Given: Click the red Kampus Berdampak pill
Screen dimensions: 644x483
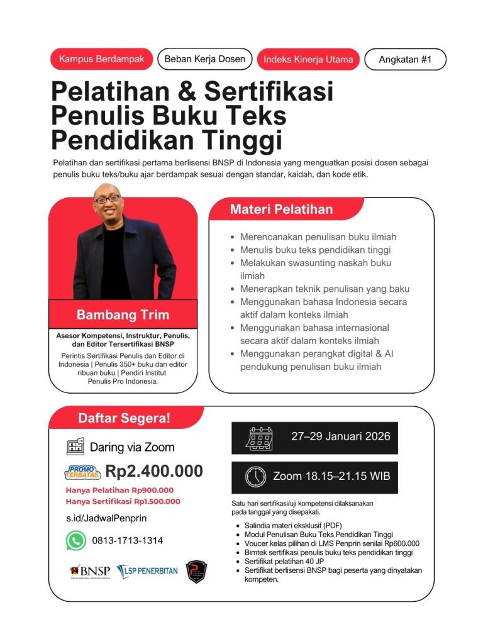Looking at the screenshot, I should (x=101, y=59).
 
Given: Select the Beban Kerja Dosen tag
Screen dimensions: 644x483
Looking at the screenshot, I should (x=204, y=59).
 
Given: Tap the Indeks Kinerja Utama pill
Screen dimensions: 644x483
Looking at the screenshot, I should (x=308, y=60).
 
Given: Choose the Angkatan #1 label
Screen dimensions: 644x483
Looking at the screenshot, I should (x=405, y=60).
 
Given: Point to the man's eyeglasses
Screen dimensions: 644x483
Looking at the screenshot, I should (x=107, y=199).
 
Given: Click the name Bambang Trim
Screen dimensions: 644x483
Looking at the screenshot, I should (x=123, y=314).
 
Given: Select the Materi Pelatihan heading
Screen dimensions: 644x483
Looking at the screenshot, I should (x=281, y=209).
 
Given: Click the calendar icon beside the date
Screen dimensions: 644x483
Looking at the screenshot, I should (x=258, y=438).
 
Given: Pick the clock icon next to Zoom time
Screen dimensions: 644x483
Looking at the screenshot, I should (x=255, y=477).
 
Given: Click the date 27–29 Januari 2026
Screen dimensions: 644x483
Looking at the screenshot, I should (x=340, y=436).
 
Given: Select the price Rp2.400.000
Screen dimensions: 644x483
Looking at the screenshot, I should (x=153, y=471).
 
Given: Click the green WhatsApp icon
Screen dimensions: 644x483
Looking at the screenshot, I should (x=76, y=540).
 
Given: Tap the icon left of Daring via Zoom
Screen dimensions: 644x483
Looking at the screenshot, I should (x=75, y=447).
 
